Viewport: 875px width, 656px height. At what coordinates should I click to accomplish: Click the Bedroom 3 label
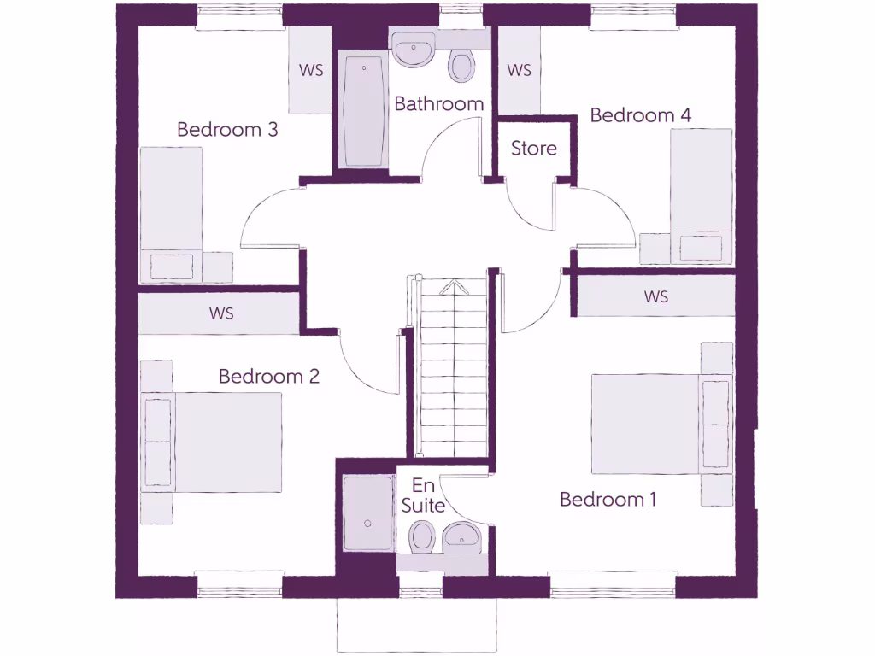[227, 130]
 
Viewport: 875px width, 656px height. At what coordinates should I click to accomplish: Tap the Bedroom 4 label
[641, 115]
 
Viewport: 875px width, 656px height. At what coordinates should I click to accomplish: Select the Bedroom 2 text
[268, 376]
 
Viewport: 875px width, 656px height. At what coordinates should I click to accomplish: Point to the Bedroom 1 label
[608, 500]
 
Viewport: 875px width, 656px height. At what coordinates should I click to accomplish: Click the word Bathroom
[438, 104]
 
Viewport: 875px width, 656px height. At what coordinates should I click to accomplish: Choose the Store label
[534, 149]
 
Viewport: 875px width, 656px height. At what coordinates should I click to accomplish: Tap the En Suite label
[423, 496]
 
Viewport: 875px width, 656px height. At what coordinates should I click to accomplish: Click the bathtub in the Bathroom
[361, 109]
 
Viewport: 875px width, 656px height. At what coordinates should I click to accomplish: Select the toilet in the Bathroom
[462, 66]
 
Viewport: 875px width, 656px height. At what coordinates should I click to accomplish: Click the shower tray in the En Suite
[367, 513]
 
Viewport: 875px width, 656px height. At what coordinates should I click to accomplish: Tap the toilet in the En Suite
[421, 537]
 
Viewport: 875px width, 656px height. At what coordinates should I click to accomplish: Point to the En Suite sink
[462, 536]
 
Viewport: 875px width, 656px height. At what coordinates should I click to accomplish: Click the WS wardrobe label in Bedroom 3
[311, 70]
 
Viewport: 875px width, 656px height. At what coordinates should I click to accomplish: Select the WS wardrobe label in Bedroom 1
[656, 297]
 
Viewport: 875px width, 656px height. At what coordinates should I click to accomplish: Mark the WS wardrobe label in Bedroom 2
[220, 313]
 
